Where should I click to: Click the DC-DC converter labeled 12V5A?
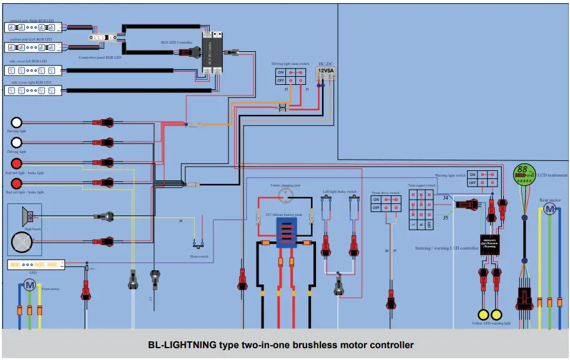coord(326,72)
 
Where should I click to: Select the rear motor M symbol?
coord(549,210)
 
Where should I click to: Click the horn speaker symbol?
coord(27,216)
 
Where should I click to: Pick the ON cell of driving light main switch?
coord(281,72)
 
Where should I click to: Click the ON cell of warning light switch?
coord(473,175)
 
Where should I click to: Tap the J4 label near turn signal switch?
coord(445,198)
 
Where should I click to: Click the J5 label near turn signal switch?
coord(445,218)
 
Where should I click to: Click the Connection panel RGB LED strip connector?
coord(101,37)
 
